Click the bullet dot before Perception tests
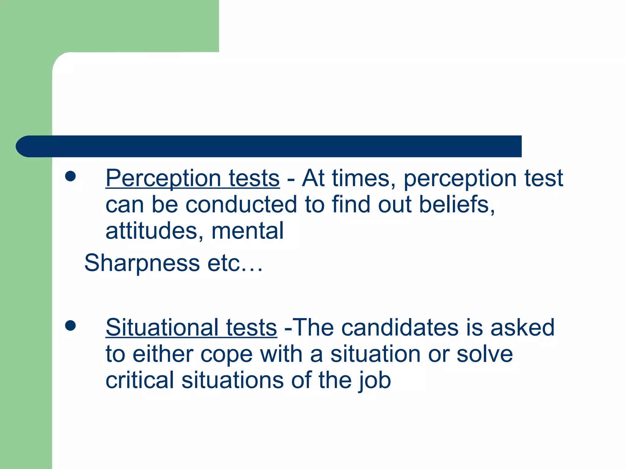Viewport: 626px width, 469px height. click(x=70, y=176)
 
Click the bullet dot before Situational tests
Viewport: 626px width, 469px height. click(x=70, y=325)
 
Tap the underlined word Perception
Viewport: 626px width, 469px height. click(x=163, y=179)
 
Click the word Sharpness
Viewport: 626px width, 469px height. click(x=142, y=263)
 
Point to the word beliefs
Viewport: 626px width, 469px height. click(x=456, y=204)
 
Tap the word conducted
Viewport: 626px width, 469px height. click(x=241, y=204)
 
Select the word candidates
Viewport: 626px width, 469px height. click(x=400, y=328)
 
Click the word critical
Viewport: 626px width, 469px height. click(x=139, y=380)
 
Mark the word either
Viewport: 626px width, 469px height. click(x=163, y=354)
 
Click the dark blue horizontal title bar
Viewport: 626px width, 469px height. click(x=269, y=146)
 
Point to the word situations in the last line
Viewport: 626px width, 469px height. click(x=233, y=380)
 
